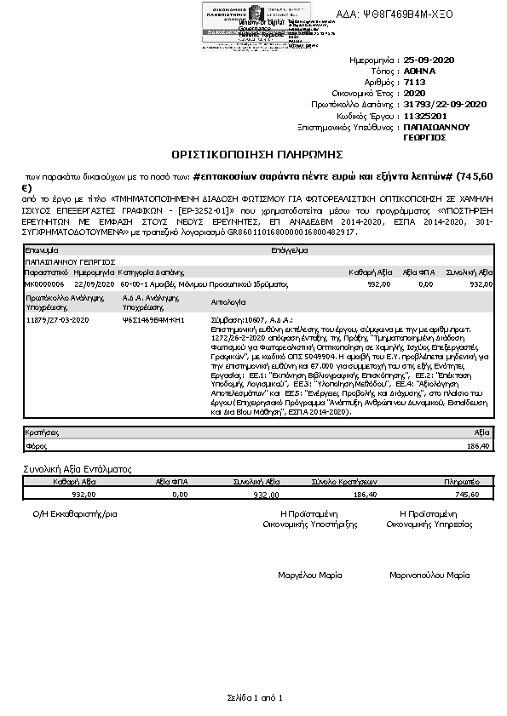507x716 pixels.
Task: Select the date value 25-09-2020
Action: [432, 61]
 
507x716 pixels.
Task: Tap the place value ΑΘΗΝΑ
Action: [420, 72]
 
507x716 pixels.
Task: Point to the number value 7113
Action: [415, 83]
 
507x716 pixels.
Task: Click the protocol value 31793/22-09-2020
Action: [444, 104]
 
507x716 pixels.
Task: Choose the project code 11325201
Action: [424, 115]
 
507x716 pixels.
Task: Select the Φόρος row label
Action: [37, 445]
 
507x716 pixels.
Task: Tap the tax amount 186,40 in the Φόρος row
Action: [479, 445]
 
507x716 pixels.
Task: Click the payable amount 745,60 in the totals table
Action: [468, 493]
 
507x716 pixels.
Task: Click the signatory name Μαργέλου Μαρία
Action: [310, 576]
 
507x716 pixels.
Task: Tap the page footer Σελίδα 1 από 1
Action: [254, 697]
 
